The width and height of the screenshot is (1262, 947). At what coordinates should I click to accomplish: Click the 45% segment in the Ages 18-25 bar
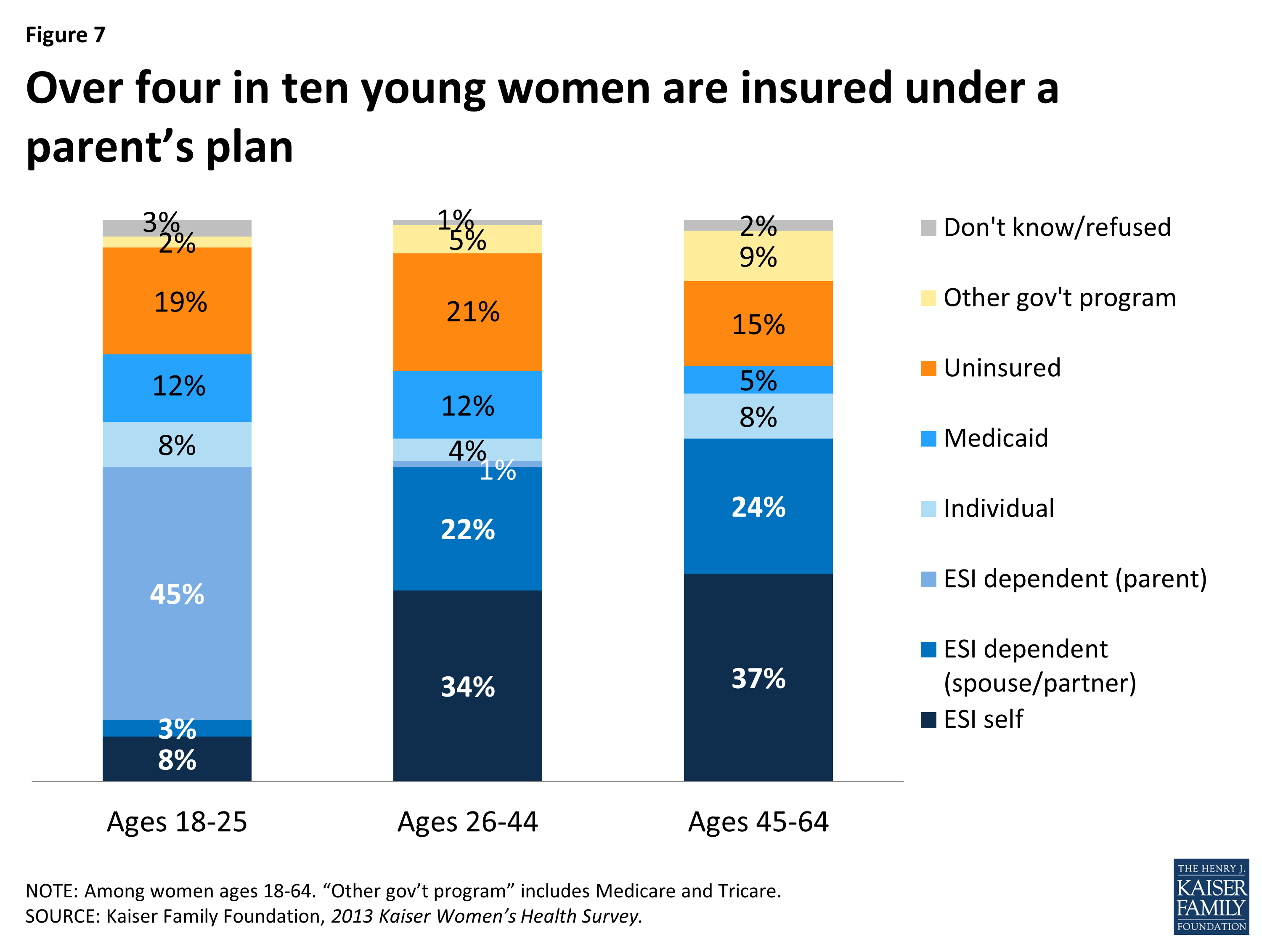[177, 593]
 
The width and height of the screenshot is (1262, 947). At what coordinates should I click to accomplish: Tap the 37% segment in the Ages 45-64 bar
[758, 678]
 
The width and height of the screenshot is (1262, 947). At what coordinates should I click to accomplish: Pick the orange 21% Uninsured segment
[467, 312]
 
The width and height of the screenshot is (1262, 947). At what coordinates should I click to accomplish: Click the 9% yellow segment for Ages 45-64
[758, 256]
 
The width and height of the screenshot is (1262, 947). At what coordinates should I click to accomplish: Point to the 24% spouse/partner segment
[758, 506]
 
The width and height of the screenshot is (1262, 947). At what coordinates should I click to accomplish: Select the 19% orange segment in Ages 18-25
[177, 301]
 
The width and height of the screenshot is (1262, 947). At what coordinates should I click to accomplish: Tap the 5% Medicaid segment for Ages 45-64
[758, 380]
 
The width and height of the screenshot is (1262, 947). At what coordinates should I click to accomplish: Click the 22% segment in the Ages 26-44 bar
[467, 529]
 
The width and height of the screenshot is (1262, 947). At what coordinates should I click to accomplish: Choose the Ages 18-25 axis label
[177, 822]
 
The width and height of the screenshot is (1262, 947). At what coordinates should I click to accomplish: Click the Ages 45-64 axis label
[758, 822]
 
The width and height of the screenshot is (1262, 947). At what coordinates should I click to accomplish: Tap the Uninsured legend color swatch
[928, 368]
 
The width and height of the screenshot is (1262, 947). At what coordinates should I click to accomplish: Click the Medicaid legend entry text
[996, 439]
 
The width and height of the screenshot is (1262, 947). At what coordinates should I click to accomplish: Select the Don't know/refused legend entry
[1057, 227]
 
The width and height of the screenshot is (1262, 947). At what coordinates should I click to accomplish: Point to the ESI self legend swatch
[928, 720]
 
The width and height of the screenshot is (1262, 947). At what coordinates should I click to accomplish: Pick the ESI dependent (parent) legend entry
[1075, 579]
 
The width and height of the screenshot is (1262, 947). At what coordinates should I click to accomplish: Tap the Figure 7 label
[66, 35]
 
